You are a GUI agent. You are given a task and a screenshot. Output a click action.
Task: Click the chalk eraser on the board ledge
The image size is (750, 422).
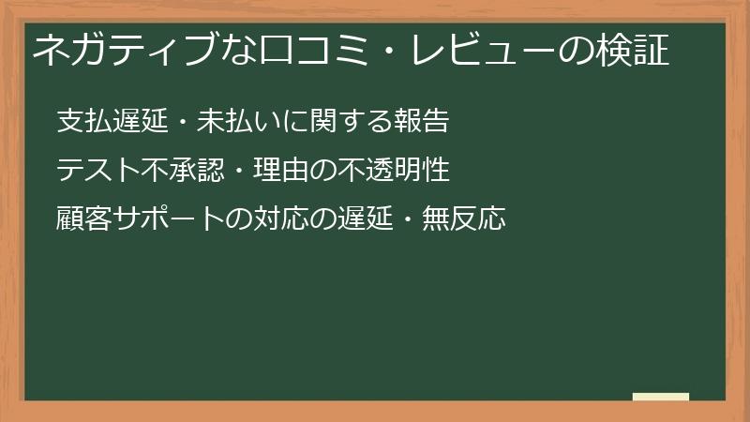tap(660, 397)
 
